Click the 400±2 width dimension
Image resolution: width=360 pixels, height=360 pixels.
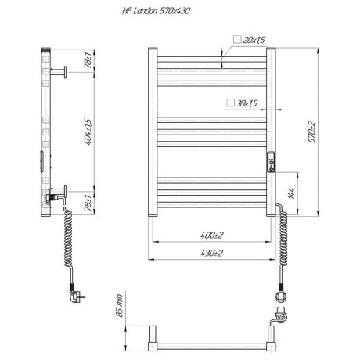pos(212,233)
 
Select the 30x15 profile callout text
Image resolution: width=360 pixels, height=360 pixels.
pos(247,103)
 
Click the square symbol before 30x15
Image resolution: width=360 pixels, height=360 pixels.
pos(228,103)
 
